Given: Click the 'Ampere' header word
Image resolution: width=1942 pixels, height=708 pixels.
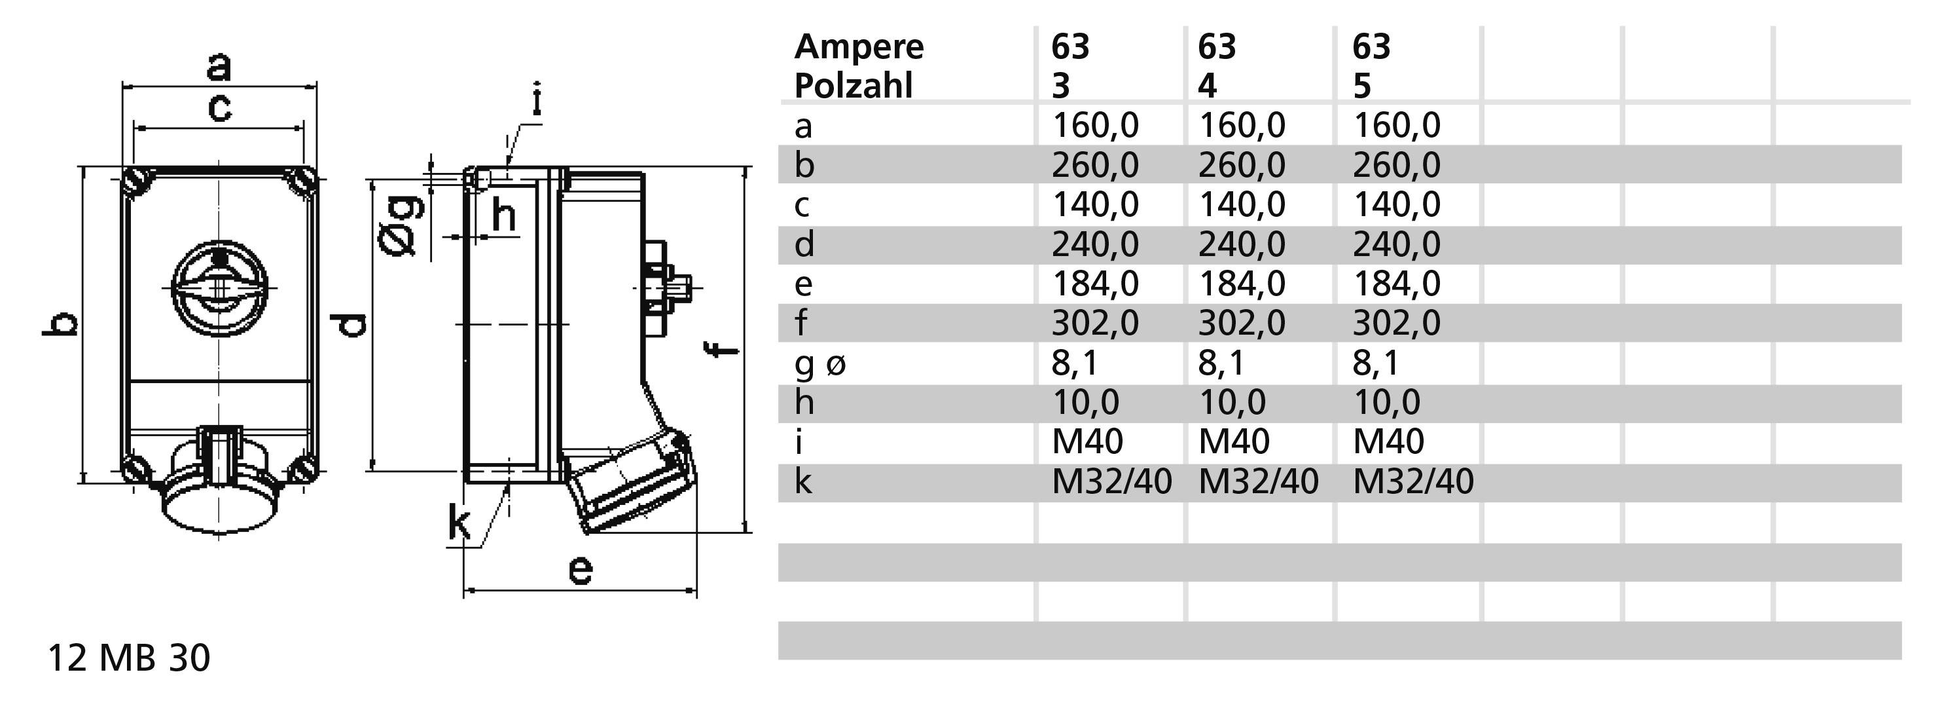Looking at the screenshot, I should click(859, 47).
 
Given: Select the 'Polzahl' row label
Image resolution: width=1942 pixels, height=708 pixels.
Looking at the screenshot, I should click(854, 86).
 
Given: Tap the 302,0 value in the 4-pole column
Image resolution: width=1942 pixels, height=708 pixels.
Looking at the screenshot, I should click(1241, 324).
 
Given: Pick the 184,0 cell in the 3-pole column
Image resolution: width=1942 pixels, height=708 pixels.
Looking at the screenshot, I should click(1094, 284).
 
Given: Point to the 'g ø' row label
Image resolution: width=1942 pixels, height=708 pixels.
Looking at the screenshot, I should click(820, 363).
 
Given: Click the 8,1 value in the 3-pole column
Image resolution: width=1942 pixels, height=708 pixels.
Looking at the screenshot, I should click(1075, 363).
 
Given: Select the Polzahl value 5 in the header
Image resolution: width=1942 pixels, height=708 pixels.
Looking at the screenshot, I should click(1361, 86).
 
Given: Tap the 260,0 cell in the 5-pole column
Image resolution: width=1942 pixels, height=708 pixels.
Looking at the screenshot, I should click(1396, 165).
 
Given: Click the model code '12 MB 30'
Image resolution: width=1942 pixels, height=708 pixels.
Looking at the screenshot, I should click(129, 658).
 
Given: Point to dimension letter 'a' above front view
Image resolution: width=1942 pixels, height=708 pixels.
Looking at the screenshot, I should click(219, 65).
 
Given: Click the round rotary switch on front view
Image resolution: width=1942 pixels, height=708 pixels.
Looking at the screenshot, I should click(219, 289).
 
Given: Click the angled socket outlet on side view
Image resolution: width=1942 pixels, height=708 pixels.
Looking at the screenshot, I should click(632, 483).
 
